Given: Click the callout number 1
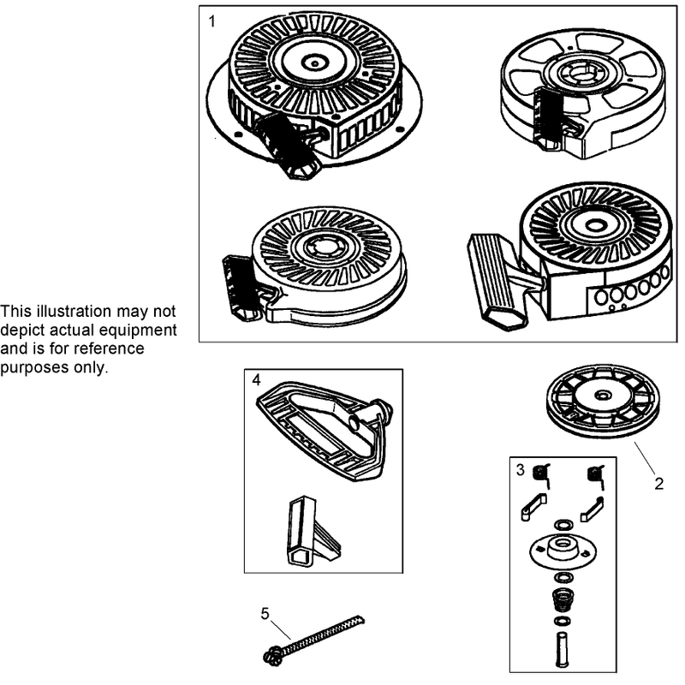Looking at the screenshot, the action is click(212, 21).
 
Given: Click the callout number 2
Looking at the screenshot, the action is click(658, 484).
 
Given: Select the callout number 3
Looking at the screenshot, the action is click(520, 470).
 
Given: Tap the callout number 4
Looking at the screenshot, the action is click(256, 380).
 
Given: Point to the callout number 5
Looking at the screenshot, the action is click(265, 614).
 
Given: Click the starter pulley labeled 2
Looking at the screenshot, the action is click(603, 402).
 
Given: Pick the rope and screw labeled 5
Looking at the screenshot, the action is click(313, 640).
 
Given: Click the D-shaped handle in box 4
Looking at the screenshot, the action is click(325, 431).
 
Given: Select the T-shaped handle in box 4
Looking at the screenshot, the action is click(313, 533).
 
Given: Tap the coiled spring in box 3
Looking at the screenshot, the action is click(563, 602).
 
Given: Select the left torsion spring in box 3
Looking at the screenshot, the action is click(541, 476).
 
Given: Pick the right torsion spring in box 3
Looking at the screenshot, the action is click(596, 476).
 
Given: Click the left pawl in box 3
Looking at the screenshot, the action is click(533, 507).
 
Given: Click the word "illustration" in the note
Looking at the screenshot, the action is click(74, 312).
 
